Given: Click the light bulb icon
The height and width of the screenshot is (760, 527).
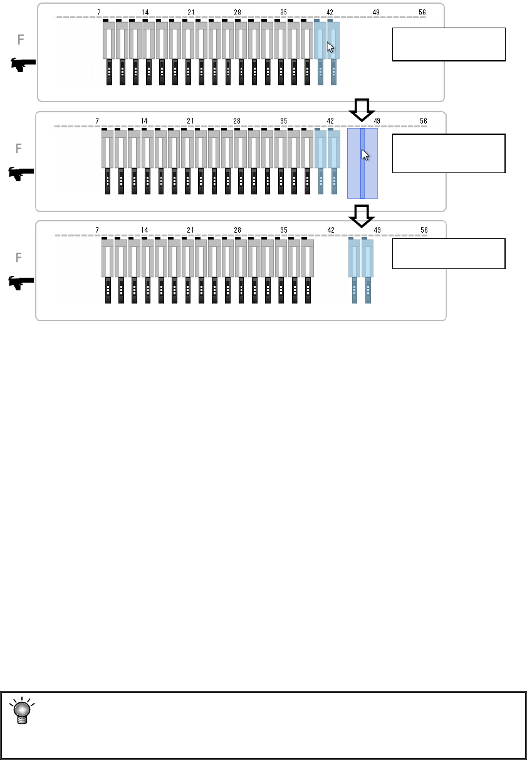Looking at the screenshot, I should pyautogui.click(x=23, y=709).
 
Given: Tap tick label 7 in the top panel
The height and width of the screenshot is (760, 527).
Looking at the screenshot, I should pyautogui.click(x=98, y=12).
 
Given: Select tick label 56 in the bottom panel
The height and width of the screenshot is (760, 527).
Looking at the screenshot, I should pyautogui.click(x=424, y=230).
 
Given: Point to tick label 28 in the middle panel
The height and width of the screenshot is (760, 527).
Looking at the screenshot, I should pyautogui.click(x=237, y=121).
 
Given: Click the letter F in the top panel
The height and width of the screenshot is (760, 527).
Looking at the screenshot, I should pyautogui.click(x=21, y=40).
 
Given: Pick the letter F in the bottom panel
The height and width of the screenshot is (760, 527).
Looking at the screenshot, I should pyautogui.click(x=19, y=258).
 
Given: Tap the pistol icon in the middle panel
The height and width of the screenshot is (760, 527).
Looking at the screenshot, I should pyautogui.click(x=21, y=174).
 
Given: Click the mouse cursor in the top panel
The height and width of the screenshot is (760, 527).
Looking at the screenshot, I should pyautogui.click(x=330, y=47).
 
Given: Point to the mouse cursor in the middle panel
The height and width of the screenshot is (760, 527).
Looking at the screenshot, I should pyautogui.click(x=365, y=154).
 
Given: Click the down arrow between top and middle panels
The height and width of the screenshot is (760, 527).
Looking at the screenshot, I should pyautogui.click(x=361, y=110).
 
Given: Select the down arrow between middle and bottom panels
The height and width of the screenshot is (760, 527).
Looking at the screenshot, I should pyautogui.click(x=361, y=216).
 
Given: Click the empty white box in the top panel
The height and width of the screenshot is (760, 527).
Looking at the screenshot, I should pyautogui.click(x=449, y=44).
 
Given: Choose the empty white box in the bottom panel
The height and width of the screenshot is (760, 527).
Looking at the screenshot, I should pyautogui.click(x=449, y=253).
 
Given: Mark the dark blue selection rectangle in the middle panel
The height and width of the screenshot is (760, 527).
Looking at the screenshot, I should pyautogui.click(x=362, y=163).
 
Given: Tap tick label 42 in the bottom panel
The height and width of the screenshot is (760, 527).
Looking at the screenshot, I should pyautogui.click(x=331, y=230).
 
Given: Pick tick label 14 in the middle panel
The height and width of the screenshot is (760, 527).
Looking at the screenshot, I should pyautogui.click(x=144, y=121).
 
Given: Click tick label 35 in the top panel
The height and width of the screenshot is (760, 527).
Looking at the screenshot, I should pyautogui.click(x=283, y=12).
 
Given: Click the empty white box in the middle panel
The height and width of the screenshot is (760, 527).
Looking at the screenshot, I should pyautogui.click(x=449, y=153).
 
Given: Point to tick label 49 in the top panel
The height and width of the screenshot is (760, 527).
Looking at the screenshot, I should pyautogui.click(x=376, y=12).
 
